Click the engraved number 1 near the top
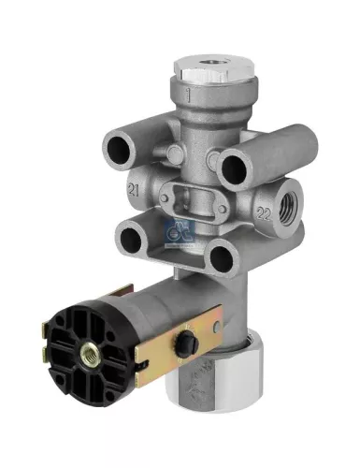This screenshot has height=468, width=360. [191, 95]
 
